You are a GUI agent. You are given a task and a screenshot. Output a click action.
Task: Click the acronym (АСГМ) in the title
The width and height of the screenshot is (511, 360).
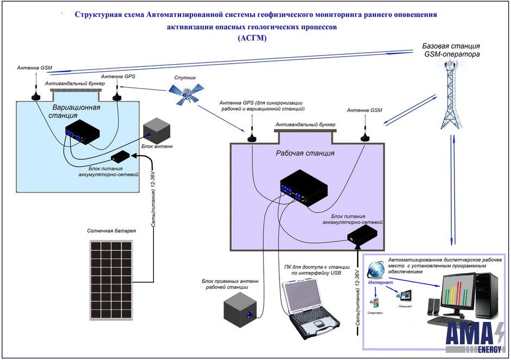click(255, 39)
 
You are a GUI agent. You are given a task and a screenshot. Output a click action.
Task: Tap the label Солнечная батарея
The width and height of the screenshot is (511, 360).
click(111, 231)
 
